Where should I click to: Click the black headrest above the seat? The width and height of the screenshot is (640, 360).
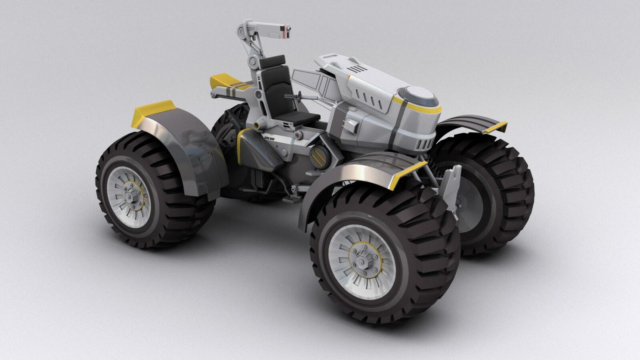[x=272, y=62]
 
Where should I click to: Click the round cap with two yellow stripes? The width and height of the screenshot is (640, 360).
[x=319, y=157]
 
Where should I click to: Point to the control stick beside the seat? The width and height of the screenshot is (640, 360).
[x=294, y=96]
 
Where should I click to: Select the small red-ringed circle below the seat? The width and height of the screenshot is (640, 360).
[x=298, y=136]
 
